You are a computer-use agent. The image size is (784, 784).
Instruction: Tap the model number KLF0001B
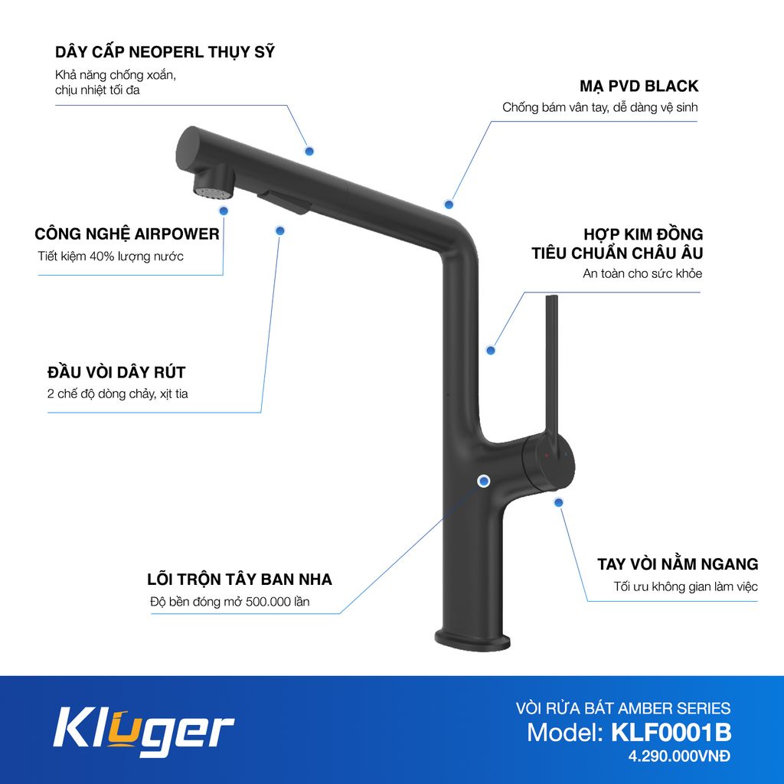point(671,733)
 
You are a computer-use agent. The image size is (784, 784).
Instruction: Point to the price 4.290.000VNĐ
point(680,757)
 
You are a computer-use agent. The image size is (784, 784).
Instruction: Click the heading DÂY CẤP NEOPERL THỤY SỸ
point(165,53)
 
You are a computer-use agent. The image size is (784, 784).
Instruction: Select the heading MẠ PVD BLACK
point(639,87)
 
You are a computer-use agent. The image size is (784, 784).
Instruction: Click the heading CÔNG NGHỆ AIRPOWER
point(127,234)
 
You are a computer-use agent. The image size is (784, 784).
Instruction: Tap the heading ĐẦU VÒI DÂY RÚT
point(116,373)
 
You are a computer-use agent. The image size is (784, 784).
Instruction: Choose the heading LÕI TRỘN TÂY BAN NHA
point(240,579)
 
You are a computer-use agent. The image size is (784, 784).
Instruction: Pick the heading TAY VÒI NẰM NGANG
point(678,564)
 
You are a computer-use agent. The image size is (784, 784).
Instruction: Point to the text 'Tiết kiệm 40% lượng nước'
point(110,256)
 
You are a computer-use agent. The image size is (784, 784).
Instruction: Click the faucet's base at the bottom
point(472,639)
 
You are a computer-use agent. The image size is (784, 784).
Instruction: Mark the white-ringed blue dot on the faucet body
point(484,481)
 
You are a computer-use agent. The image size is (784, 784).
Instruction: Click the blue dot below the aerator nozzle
point(224,210)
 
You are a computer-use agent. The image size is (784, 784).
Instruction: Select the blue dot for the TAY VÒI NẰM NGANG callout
point(559,502)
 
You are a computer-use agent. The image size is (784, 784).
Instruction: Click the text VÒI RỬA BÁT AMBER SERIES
point(623,708)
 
